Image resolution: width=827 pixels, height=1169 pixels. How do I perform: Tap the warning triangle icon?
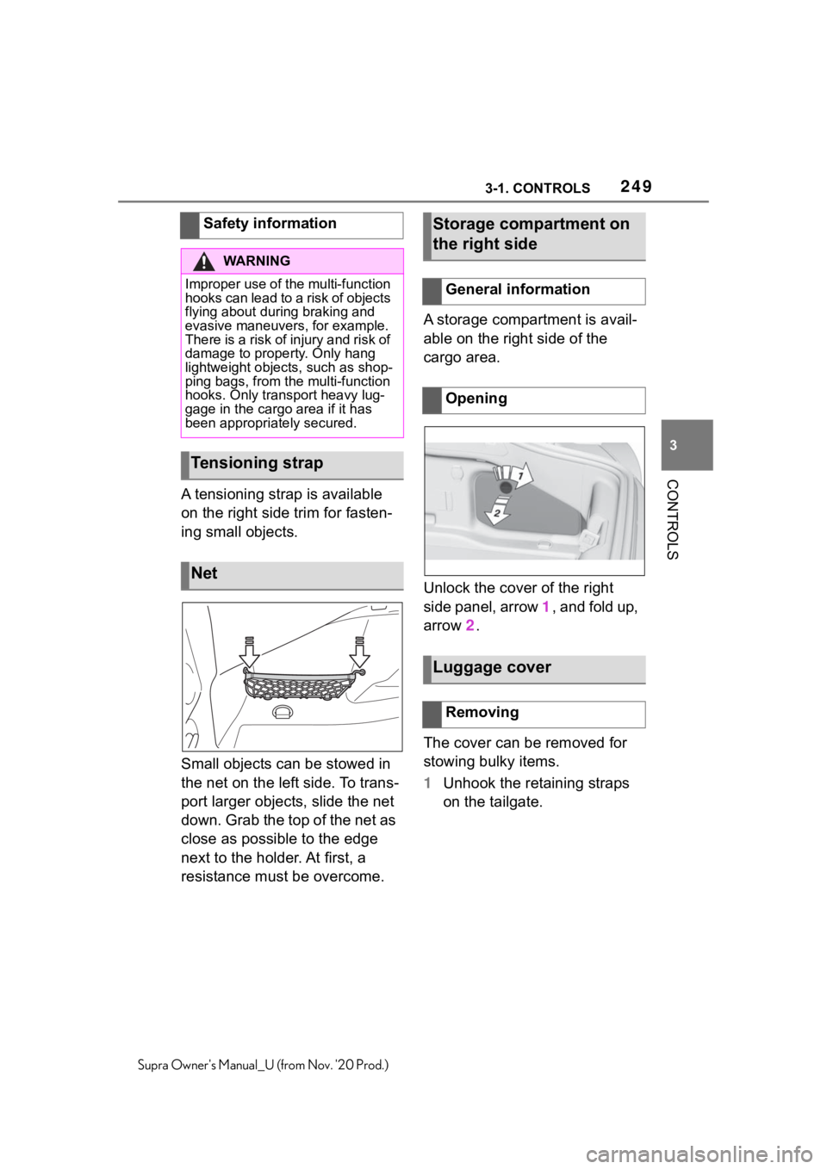click(x=205, y=261)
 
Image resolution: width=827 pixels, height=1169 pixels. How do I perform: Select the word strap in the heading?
click(x=300, y=463)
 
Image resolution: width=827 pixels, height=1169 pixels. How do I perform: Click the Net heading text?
click(x=204, y=573)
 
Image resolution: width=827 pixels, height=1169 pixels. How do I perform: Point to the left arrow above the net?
click(x=249, y=654)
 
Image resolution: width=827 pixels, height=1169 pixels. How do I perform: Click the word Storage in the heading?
click(x=466, y=224)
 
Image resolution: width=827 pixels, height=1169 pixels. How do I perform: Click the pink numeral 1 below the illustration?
click(x=545, y=607)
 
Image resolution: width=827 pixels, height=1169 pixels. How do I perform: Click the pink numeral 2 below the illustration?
click(x=469, y=626)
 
